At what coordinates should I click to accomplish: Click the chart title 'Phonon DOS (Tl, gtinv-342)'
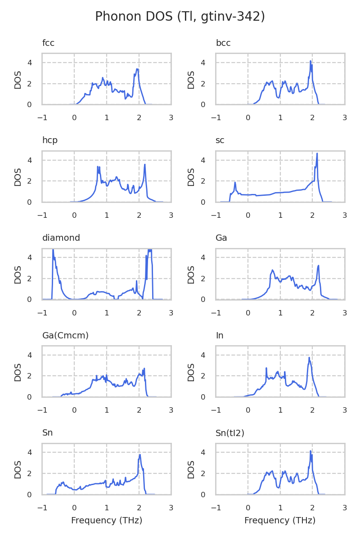coord(180,17)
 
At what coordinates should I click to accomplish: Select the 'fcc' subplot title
coord(48,43)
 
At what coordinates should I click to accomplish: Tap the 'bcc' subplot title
coord(223,43)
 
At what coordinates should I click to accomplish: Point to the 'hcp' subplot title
coord(50,140)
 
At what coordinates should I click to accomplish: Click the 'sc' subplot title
coord(220,140)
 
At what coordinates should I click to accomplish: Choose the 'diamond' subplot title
coord(61,238)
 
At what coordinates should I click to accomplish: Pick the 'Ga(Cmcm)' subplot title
coord(65,335)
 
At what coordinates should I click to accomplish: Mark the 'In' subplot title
coord(220,335)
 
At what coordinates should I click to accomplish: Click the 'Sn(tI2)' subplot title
coord(230,433)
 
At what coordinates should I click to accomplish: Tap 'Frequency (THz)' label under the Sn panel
coord(107,521)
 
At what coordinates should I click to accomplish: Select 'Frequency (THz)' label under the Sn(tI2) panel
coord(280,521)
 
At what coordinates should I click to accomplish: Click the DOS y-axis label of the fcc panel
coord(18,80)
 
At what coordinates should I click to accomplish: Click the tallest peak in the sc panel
coord(317,154)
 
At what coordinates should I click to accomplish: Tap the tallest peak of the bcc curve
coord(310,61)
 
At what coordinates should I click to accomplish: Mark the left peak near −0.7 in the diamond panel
coord(53,250)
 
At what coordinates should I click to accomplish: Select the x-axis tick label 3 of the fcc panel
coord(171,118)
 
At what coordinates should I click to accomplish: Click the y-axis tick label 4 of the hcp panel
coord(30,160)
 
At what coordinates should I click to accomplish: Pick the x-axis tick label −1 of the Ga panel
coord(216,313)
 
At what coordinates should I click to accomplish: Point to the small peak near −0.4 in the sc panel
coord(235,183)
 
